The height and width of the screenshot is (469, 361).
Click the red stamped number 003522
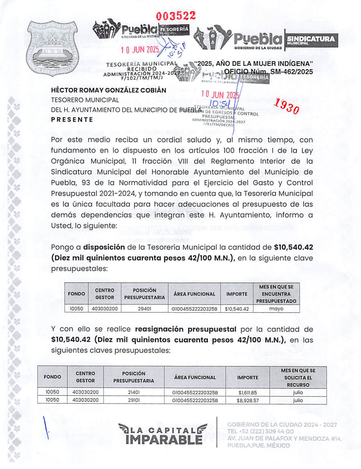point(176,16)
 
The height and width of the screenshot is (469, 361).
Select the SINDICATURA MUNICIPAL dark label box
point(311,40)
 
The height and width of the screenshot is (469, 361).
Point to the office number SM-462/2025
point(291,72)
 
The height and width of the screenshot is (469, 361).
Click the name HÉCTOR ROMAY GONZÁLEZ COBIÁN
point(109,90)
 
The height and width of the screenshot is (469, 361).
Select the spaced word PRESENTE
point(72,120)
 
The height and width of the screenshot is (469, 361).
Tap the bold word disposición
point(104,247)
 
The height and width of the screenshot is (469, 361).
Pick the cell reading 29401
point(144,309)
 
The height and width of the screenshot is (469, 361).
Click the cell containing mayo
point(276,309)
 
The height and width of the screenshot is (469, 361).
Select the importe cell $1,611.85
point(248,393)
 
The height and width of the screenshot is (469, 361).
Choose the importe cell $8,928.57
point(248,401)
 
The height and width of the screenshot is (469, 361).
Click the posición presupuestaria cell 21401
point(134,393)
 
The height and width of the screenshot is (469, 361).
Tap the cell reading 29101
point(134,401)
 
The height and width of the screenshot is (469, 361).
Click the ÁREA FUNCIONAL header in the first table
point(194,294)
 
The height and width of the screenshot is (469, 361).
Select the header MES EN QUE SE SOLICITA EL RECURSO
point(298,378)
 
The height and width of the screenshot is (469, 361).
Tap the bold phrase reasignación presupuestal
point(185,329)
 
